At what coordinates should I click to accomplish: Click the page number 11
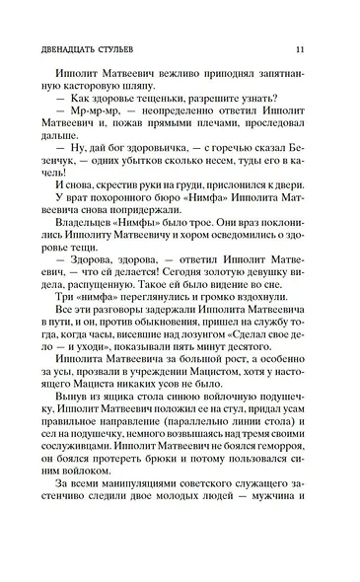click(312, 50)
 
